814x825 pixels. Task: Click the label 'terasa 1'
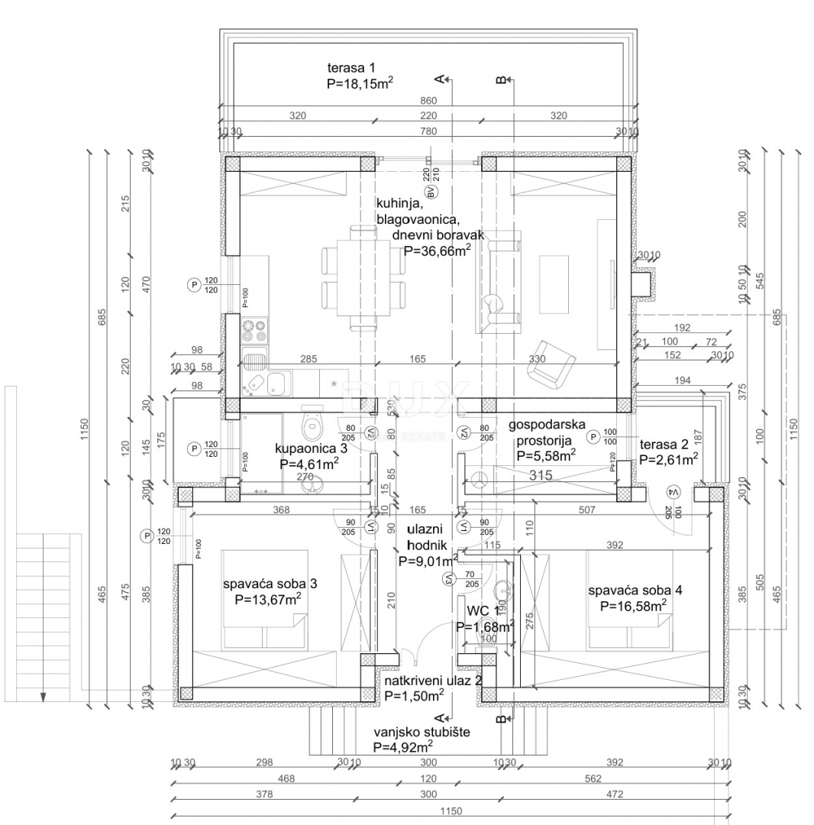[350, 68]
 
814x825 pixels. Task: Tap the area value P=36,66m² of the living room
[437, 250]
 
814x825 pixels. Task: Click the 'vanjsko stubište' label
[422, 732]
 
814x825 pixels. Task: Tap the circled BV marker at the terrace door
[430, 192]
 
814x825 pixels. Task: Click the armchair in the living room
[553, 361]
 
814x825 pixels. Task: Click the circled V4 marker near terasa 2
[673, 491]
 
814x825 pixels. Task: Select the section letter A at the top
[438, 79]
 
